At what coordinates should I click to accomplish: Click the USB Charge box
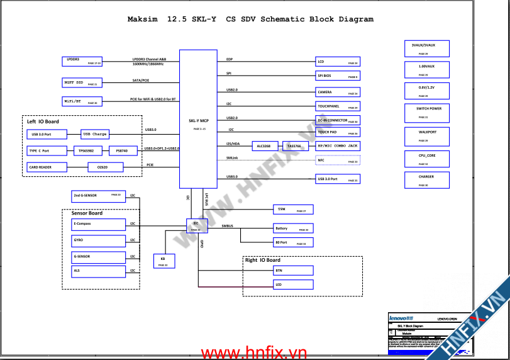pyautogui.click(x=95, y=134)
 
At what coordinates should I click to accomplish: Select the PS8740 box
pyautogui.click(x=123, y=151)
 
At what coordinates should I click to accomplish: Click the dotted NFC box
pyautogui.click(x=338, y=160)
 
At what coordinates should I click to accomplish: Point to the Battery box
pyautogui.click(x=292, y=228)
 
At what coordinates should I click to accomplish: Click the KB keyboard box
pyautogui.click(x=164, y=261)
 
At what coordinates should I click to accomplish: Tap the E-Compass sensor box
pyautogui.click(x=99, y=224)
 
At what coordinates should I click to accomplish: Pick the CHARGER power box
pyautogui.click(x=427, y=179)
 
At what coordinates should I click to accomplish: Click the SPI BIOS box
pyautogui.click(x=338, y=76)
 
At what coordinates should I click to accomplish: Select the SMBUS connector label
pyautogui.click(x=228, y=225)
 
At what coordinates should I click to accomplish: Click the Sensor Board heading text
pyautogui.click(x=87, y=213)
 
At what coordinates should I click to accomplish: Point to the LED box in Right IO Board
pyautogui.click(x=292, y=285)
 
